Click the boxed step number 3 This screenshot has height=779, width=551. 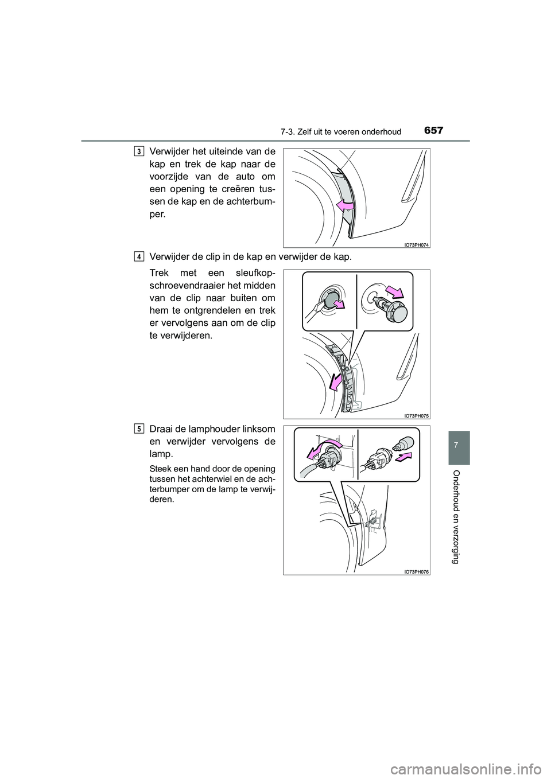tap(140, 151)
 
